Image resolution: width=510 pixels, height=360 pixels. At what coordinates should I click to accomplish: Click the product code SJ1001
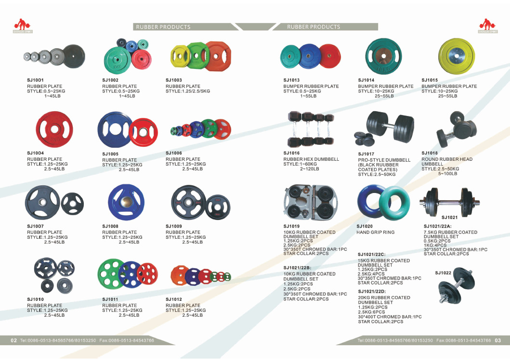pyautogui.click(x=35, y=80)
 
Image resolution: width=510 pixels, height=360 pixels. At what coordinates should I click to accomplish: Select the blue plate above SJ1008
pyautogui.click(x=126, y=200)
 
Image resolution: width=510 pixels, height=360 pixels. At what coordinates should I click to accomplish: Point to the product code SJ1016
pyautogui.click(x=291, y=153)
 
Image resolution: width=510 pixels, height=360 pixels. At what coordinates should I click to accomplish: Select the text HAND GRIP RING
pyautogui.click(x=375, y=232)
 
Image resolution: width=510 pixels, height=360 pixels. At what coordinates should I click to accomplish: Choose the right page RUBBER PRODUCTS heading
pyautogui.click(x=314, y=27)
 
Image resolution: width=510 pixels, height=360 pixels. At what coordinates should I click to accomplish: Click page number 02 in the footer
pyautogui.click(x=14, y=341)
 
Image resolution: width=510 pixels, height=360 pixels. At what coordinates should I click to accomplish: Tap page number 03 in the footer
pyautogui.click(x=498, y=341)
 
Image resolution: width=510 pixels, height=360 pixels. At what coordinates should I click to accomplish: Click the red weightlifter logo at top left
pyautogui.click(x=21, y=26)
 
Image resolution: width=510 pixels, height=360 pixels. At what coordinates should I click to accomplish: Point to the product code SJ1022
pyautogui.click(x=443, y=273)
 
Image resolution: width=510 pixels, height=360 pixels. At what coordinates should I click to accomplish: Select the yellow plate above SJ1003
pyautogui.click(x=179, y=57)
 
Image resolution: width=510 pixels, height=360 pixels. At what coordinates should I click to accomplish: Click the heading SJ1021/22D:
pyautogui.click(x=371, y=292)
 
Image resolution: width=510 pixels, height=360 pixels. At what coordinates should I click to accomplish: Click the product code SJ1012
pyautogui.click(x=174, y=299)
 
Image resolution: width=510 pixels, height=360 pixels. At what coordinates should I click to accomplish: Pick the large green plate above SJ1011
pyautogui.click(x=110, y=275)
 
